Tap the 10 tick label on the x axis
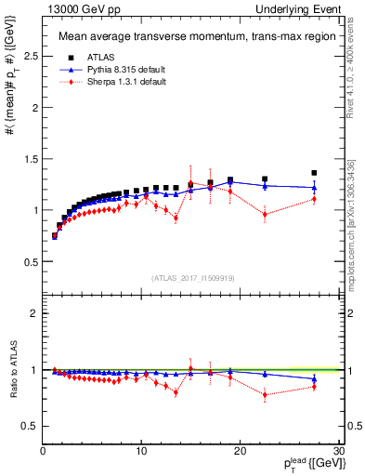pos(141,451)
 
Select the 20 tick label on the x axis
pos(241,451)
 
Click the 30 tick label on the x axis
pos(338,451)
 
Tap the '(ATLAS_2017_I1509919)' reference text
pos(192,278)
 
